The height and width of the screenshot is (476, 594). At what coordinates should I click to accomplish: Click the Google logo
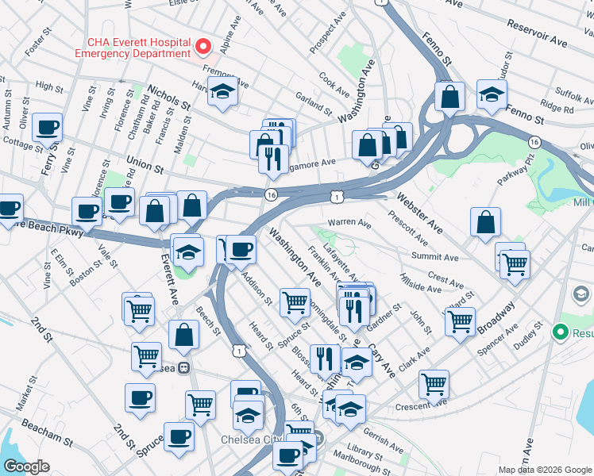tap(26, 466)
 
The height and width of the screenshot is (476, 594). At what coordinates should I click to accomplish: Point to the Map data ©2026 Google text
tap(545, 470)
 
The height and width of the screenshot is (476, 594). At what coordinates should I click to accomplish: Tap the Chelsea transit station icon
tap(183, 368)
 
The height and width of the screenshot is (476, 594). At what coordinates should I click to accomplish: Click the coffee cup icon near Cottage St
tap(48, 127)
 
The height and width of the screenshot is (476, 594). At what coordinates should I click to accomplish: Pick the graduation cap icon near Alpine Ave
tap(223, 92)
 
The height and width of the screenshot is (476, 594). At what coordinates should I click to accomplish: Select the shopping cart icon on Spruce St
tap(295, 301)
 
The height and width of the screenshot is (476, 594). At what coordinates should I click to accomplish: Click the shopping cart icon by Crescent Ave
tap(434, 385)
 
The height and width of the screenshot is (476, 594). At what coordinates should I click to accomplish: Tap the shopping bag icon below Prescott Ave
tap(485, 223)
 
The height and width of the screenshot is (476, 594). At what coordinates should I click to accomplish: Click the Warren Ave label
tap(349, 223)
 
